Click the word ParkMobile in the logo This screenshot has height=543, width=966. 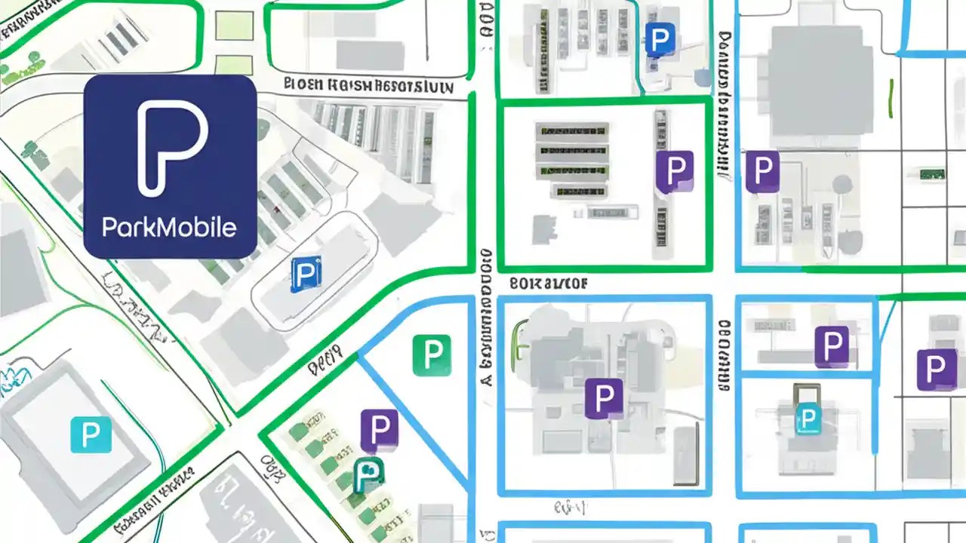click(x=170, y=227)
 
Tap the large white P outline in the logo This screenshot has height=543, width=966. click(x=170, y=147)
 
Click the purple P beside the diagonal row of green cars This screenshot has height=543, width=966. click(x=379, y=428)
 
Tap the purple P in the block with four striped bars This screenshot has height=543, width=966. click(x=675, y=170)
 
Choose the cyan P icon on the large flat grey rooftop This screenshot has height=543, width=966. click(x=91, y=434)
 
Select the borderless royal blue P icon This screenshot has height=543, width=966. click(x=660, y=39)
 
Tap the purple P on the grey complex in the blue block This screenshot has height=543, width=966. click(x=604, y=397)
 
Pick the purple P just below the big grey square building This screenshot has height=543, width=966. click(x=762, y=170)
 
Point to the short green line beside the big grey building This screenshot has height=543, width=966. click(x=891, y=98)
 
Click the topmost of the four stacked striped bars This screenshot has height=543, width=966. click(x=572, y=131)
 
